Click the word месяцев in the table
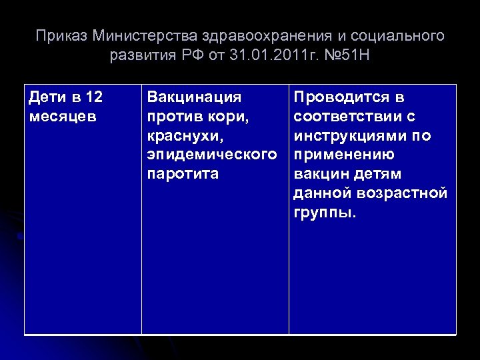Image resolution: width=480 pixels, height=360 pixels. tap(63, 117)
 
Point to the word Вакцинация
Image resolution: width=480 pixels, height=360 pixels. tap(194, 97)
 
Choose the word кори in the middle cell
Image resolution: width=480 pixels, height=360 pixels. tap(231, 117)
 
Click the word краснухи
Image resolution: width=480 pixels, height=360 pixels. tap(182, 136)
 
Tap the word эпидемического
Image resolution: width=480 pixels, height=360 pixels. tap(211, 155)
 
